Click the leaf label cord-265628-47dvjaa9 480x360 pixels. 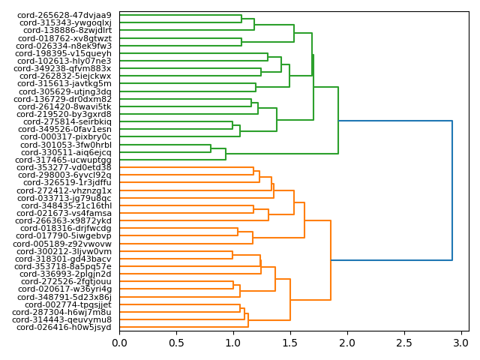(x=64, y=15)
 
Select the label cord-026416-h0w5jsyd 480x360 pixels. (x=64, y=327)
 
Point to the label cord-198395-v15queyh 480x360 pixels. (x=64, y=53)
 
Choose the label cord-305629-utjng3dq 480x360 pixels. (x=64, y=91)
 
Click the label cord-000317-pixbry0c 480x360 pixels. (x=64, y=137)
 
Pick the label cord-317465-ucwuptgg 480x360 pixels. (x=64, y=160)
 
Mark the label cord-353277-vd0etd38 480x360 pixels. (x=64, y=167)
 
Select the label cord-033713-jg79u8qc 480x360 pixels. (x=64, y=198)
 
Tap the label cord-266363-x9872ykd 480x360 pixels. (x=64, y=220)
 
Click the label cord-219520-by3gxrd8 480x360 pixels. (x=64, y=114)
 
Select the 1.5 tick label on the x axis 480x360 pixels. (x=290, y=343)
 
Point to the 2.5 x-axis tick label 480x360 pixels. (x=404, y=343)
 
